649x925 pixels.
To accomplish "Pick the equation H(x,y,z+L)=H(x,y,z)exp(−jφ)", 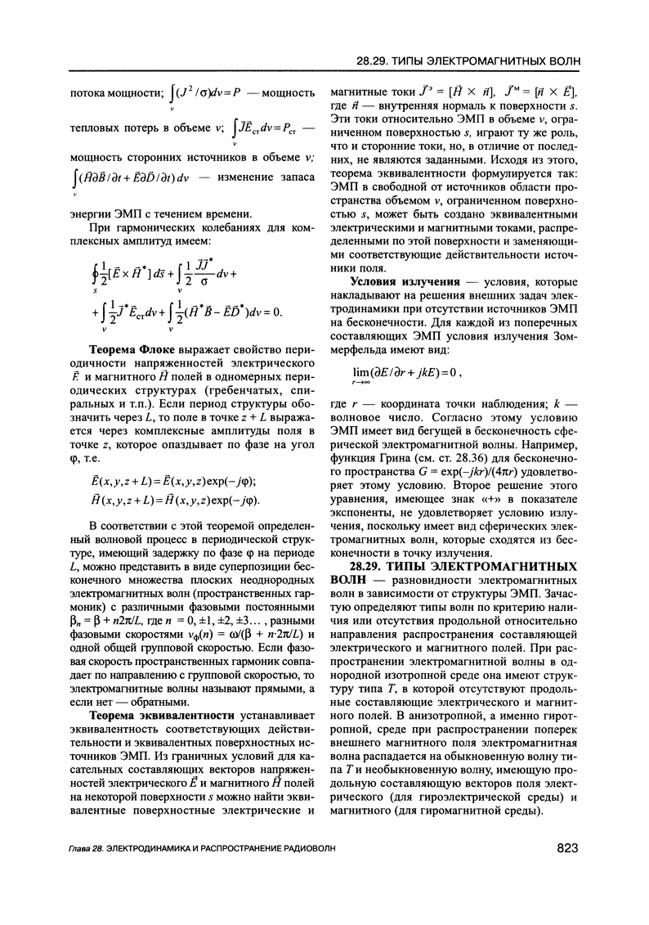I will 167,501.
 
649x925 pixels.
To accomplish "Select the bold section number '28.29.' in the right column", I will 371,565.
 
